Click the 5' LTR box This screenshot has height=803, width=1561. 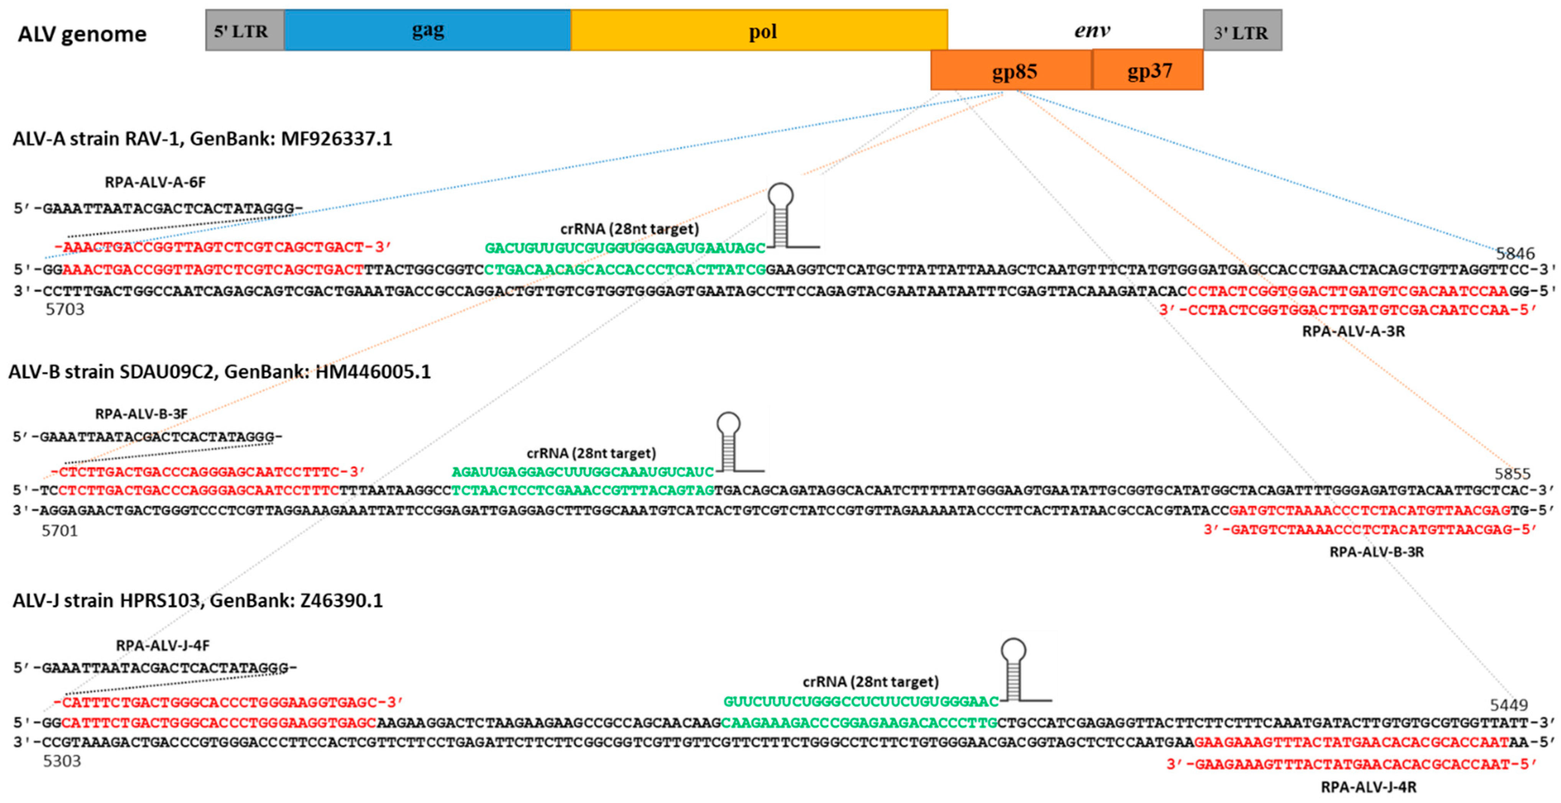pyautogui.click(x=244, y=30)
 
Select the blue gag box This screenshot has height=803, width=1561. pyautogui.click(x=427, y=30)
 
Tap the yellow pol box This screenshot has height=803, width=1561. pyautogui.click(x=759, y=30)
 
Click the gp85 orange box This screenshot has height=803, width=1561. pyautogui.click(x=1012, y=70)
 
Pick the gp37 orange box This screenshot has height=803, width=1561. pyautogui.click(x=1148, y=70)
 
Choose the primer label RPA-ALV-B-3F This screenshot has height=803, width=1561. pyautogui.click(x=141, y=414)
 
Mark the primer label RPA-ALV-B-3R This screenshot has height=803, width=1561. pyautogui.click(x=1376, y=552)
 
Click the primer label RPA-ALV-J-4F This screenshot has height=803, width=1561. pyautogui.click(x=163, y=645)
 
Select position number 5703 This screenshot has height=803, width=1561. pyautogui.click(x=65, y=310)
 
